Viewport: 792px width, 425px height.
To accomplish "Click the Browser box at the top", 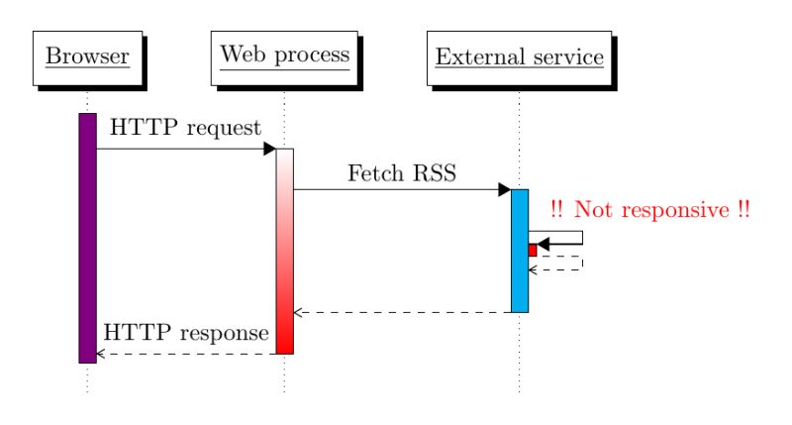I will pos(87,57).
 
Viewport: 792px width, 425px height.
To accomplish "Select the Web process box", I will pos(284,55).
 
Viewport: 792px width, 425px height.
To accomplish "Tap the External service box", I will pos(519,57).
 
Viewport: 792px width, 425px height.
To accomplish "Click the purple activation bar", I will pos(87,238).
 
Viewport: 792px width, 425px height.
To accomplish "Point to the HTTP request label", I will pos(185,128).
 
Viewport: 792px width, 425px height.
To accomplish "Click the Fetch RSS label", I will pos(402,173).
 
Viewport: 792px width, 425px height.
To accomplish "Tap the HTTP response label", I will pos(186,332).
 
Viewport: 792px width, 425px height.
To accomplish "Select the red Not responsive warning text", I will pos(649,210).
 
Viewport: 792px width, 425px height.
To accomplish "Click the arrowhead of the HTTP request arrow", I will pos(269,149).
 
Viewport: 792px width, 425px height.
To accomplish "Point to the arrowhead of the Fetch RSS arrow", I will pos(504,189).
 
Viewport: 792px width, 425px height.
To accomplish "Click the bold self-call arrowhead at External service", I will pos(543,244).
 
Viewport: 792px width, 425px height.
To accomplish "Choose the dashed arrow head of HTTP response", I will pos(100,354).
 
